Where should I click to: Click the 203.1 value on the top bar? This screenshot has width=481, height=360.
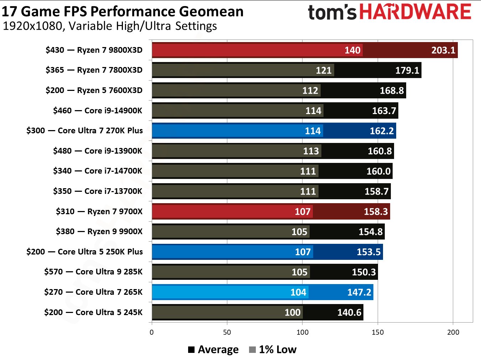pyautogui.click(x=443, y=50)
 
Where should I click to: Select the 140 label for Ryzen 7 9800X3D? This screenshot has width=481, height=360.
pyautogui.click(x=352, y=50)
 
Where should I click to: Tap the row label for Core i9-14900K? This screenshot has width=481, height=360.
pyautogui.click(x=97, y=110)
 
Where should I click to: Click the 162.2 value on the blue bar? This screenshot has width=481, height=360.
pyautogui.click(x=382, y=131)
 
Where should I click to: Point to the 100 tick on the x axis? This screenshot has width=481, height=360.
pyautogui.click(x=302, y=332)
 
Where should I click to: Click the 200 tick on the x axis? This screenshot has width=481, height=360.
pyautogui.click(x=453, y=332)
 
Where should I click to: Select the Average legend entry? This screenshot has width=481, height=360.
pyautogui.click(x=213, y=350)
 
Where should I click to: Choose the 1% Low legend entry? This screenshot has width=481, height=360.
pyautogui.click(x=273, y=350)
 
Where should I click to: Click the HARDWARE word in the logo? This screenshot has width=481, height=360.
pyautogui.click(x=415, y=12)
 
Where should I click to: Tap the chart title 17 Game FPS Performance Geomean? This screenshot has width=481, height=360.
pyautogui.click(x=123, y=11)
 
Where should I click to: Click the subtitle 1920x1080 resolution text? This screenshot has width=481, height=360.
pyautogui.click(x=110, y=26)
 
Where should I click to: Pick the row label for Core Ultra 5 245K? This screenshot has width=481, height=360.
pyautogui.click(x=93, y=312)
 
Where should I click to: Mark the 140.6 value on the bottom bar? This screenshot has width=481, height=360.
pyautogui.click(x=349, y=313)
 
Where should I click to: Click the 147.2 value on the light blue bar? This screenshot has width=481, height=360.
pyautogui.click(x=359, y=292)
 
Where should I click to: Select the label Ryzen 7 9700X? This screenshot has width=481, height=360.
pyautogui.click(x=99, y=211)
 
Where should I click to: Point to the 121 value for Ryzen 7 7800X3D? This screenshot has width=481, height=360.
pyautogui.click(x=324, y=71)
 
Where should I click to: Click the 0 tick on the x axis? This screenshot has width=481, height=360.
pyautogui.click(x=152, y=332)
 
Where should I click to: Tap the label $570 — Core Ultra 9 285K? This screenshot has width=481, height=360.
pyautogui.click(x=93, y=272)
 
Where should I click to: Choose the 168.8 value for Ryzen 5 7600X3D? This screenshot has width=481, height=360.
pyautogui.click(x=392, y=91)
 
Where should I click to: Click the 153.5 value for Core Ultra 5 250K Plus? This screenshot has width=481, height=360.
pyautogui.click(x=368, y=252)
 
